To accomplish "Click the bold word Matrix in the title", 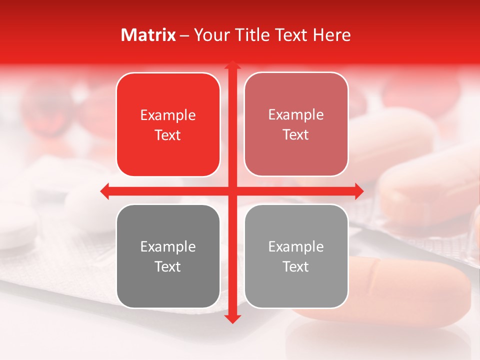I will (x=148, y=35).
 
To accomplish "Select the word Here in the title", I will (x=331, y=35).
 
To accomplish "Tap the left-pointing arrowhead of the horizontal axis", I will (x=105, y=190).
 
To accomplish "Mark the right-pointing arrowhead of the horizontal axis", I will (x=359, y=190).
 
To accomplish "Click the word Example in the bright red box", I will (x=168, y=115).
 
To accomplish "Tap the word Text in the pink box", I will (x=296, y=135).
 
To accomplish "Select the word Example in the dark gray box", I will (x=168, y=247).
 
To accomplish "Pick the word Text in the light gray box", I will (x=296, y=267).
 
